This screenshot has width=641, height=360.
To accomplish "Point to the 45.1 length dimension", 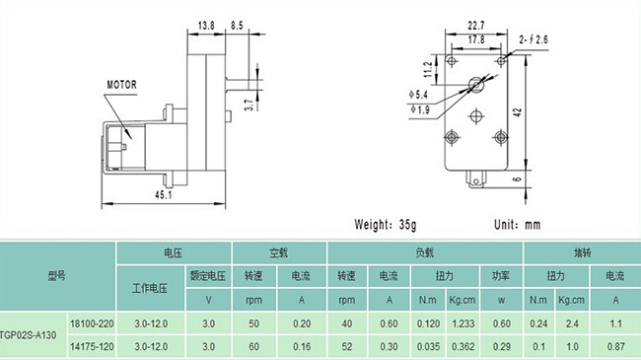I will [x=165, y=194].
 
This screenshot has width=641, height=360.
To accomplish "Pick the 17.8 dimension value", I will [x=476, y=39].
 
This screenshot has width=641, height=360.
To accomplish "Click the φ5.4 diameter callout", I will [x=421, y=97].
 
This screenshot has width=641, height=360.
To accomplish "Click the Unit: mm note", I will [x=518, y=225].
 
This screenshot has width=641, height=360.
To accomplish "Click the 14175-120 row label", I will [x=92, y=346].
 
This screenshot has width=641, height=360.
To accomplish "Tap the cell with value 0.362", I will [x=461, y=346].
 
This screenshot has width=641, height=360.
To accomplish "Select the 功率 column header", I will [x=500, y=275].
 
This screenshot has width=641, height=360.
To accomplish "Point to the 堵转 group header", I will [x=582, y=252].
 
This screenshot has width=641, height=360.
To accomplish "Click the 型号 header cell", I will [x=57, y=275].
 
